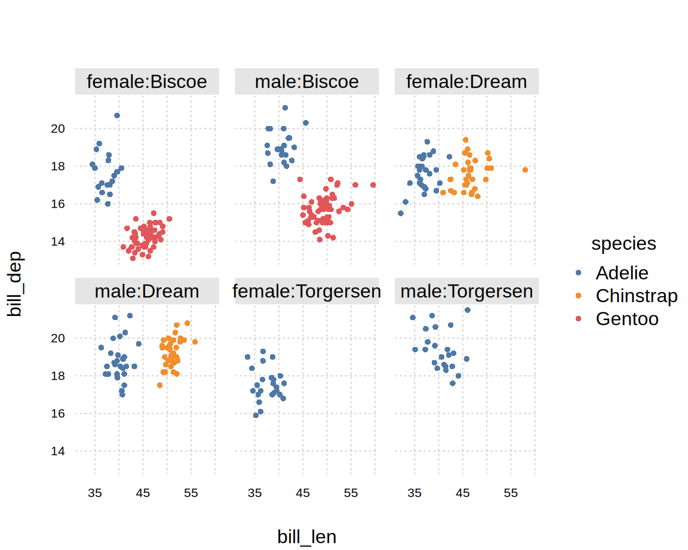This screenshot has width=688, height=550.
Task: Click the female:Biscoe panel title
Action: [147, 82]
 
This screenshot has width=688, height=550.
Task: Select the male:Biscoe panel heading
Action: [307, 82]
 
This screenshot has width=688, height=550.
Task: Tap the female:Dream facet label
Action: [466, 82]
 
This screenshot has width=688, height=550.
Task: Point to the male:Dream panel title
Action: [147, 291]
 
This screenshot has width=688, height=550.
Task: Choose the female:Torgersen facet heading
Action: [307, 291]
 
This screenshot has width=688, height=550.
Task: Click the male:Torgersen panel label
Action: [466, 291]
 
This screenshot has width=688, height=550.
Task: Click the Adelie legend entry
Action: [622, 273]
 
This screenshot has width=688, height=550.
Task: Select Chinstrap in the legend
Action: [636, 296]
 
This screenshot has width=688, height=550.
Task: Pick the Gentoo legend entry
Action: [626, 319]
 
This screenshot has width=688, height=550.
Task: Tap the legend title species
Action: [623, 244]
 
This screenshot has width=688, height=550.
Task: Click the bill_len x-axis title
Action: [307, 537]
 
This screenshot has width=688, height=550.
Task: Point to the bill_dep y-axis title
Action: [14, 284]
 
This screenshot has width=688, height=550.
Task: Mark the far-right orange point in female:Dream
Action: [525, 170]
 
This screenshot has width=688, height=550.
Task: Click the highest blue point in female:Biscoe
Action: [117, 115]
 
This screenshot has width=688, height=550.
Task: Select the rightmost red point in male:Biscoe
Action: [373, 185]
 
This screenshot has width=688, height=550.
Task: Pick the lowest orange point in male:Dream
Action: [159, 385]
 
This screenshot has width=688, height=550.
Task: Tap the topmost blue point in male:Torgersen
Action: [468, 310]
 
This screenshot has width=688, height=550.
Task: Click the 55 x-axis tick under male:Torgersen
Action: [511, 494]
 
